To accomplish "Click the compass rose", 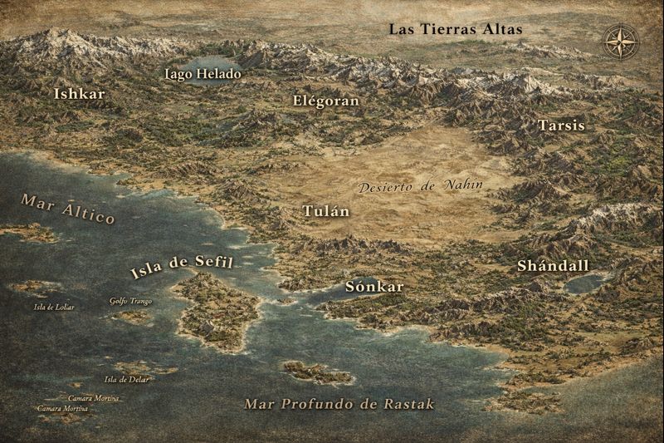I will [x=621, y=40].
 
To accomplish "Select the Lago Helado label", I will [x=203, y=74].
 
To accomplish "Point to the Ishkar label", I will [x=79, y=94].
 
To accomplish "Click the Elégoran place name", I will [x=326, y=101].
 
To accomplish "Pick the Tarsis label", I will [x=561, y=126].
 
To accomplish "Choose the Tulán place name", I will [x=325, y=211].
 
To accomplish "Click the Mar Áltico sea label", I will [x=67, y=208].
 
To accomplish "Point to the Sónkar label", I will [x=373, y=287].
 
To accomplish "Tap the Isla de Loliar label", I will [x=54, y=307].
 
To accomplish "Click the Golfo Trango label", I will [x=130, y=301].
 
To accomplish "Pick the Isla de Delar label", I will [x=126, y=380].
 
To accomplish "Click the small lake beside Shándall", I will [x=586, y=283].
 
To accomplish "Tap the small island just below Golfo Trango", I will [x=133, y=316].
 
